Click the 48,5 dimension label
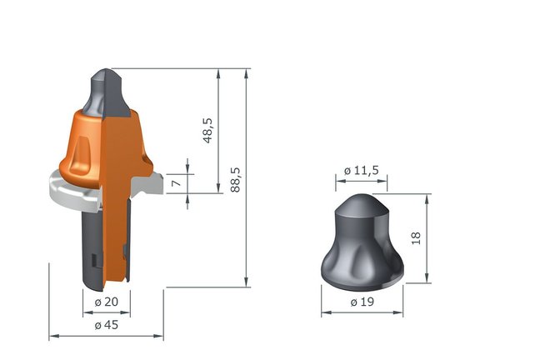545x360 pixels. (x=207, y=130)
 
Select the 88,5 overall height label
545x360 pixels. (x=236, y=180)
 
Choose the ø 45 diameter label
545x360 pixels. (x=105, y=325)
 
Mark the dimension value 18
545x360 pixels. (x=417, y=238)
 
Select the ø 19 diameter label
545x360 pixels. (x=362, y=301)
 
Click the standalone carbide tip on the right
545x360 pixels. (x=362, y=242)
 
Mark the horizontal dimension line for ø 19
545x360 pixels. (x=362, y=312)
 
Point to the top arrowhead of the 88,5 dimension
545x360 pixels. (x=247, y=73)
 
